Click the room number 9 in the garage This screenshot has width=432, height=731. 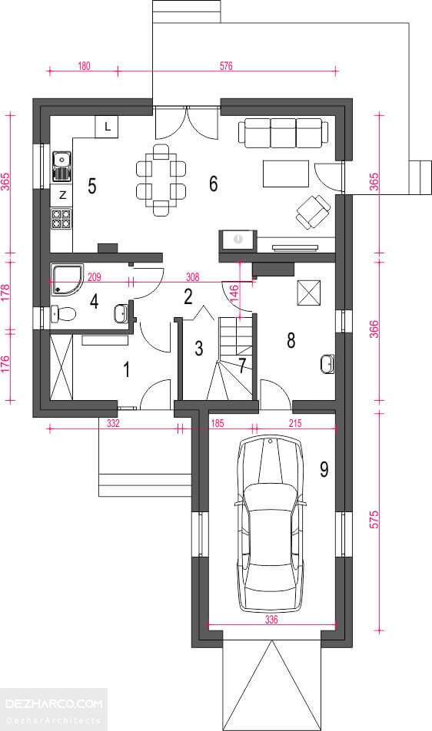[324, 469]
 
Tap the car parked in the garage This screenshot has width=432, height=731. [271, 524]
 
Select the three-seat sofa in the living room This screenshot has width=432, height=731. [283, 131]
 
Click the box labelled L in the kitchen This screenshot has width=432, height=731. [107, 127]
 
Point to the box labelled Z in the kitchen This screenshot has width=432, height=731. [61, 196]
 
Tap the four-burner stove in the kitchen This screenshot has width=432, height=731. [61, 219]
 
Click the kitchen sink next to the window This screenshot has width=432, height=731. [61, 166]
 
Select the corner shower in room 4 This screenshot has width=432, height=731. [67, 280]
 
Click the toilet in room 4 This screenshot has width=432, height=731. [62, 313]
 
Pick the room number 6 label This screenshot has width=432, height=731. [213, 184]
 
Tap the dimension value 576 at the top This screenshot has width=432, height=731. [226, 66]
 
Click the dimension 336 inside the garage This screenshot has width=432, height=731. [271, 620]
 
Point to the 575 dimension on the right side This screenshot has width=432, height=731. [374, 520]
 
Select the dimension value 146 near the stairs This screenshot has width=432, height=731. [234, 295]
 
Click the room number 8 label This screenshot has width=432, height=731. [291, 340]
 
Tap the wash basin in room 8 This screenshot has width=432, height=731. [327, 364]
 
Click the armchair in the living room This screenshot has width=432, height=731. [313, 212]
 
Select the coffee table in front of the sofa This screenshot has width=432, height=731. [286, 174]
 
